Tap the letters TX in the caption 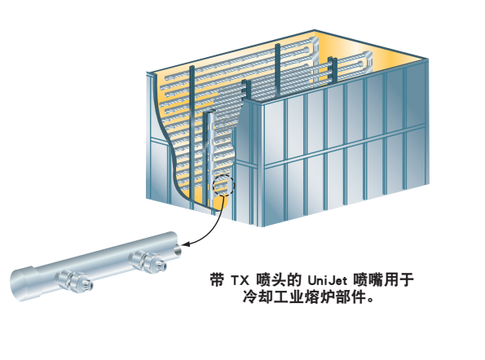[x=240, y=280]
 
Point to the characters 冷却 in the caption [x=258, y=297]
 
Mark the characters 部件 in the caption [x=351, y=297]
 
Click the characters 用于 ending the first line [x=399, y=280]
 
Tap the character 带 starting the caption [x=217, y=280]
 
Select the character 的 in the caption [x=294, y=280]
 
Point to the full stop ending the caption [x=370, y=301]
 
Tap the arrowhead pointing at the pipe [x=184, y=244]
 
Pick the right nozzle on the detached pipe [x=148, y=261]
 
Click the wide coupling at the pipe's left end [x=24, y=283]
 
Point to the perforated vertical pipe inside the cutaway [x=210, y=160]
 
